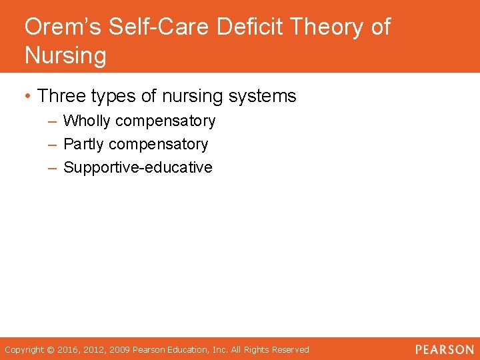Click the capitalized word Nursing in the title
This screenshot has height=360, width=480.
click(x=65, y=55)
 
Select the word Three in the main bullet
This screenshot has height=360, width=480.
click(x=63, y=96)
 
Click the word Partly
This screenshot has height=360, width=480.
click(x=84, y=145)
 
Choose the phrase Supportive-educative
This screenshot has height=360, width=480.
click(x=137, y=167)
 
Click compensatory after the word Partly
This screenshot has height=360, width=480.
click(x=158, y=145)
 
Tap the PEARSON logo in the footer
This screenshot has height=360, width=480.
click(x=444, y=349)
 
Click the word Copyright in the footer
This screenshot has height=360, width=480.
click(x=24, y=349)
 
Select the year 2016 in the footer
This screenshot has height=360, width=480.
click(x=67, y=349)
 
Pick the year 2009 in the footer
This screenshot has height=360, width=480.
click(x=119, y=349)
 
